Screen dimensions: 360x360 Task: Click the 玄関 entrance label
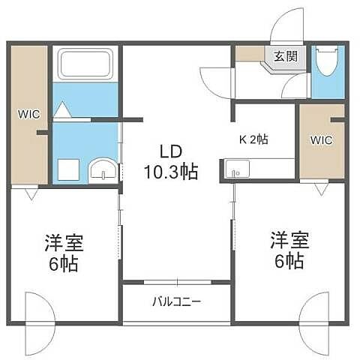284,55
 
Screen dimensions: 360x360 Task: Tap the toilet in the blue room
328,63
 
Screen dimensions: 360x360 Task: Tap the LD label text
172,148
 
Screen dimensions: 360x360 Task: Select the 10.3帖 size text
172,172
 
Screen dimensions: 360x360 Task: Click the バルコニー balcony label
177,303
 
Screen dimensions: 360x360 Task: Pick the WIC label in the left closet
29,115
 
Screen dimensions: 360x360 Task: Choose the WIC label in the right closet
320,139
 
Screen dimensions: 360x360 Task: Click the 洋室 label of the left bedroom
63,243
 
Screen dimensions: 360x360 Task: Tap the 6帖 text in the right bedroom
288,262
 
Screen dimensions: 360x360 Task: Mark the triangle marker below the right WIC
320,189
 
